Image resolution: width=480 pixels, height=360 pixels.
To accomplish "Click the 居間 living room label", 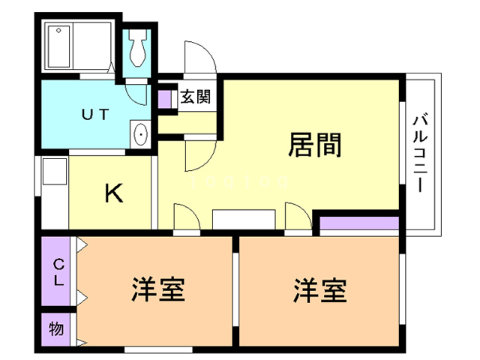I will pyautogui.click(x=316, y=145).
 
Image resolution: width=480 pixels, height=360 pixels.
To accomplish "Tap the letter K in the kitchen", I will pyautogui.click(x=114, y=193).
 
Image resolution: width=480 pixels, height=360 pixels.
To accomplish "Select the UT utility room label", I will pyautogui.click(x=95, y=115).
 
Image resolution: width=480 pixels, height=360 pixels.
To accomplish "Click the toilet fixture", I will pyautogui.click(x=138, y=49).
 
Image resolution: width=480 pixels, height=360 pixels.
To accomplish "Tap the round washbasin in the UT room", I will pyautogui.click(x=140, y=135).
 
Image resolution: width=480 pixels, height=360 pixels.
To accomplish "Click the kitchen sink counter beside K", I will pyautogui.click(x=55, y=191).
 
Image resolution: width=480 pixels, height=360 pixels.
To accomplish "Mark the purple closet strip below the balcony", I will pyautogui.click(x=358, y=223).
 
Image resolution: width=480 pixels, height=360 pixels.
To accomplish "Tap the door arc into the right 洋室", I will pyautogui.click(x=298, y=217).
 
